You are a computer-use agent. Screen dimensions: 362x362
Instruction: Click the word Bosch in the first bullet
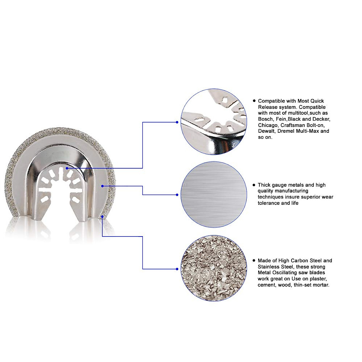(x=265, y=119)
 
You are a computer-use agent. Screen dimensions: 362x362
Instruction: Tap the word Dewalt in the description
(x=265, y=131)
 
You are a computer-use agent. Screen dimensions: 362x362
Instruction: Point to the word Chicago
(x=268, y=125)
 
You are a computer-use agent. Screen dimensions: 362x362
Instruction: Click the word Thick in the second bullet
(x=264, y=185)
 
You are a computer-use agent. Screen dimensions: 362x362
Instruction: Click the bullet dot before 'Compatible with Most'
(x=254, y=101)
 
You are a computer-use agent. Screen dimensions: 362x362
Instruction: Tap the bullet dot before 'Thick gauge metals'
(x=254, y=185)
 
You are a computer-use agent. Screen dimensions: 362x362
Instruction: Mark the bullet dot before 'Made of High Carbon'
(x=254, y=261)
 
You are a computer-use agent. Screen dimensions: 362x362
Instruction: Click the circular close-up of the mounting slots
(x=214, y=122)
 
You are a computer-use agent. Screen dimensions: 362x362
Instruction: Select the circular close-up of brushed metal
(x=214, y=195)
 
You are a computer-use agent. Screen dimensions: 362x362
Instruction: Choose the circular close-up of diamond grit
(x=214, y=268)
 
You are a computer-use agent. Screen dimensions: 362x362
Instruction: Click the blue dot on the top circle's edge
(x=177, y=122)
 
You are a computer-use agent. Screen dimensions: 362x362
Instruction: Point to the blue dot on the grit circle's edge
(x=177, y=269)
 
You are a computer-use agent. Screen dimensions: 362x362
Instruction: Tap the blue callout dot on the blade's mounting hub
(x=67, y=168)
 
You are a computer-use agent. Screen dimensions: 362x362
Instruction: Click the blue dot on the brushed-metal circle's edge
(x=177, y=195)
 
